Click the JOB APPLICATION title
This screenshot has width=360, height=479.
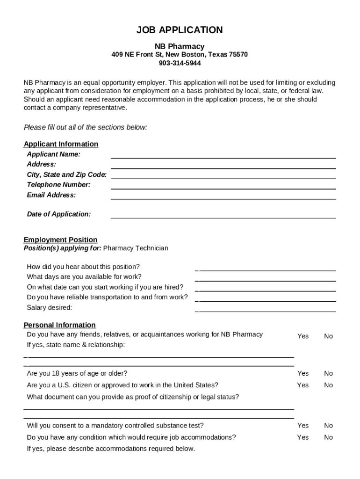tap(180, 30)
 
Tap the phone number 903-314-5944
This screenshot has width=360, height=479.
tap(180, 63)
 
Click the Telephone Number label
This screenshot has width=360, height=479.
tap(58, 185)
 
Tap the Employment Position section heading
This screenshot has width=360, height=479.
tap(61, 240)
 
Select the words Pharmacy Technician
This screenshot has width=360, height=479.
tap(136, 248)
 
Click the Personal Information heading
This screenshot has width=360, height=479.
tap(60, 325)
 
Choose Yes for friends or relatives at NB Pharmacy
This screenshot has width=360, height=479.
tap(303, 336)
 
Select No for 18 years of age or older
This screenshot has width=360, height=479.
tap(328, 373)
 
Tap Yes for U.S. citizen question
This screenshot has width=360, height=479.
tap(303, 385)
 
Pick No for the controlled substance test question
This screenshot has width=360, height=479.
tap(328, 426)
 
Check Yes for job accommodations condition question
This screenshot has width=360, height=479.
tap(303, 437)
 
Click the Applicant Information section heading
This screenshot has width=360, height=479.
tap(61, 144)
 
